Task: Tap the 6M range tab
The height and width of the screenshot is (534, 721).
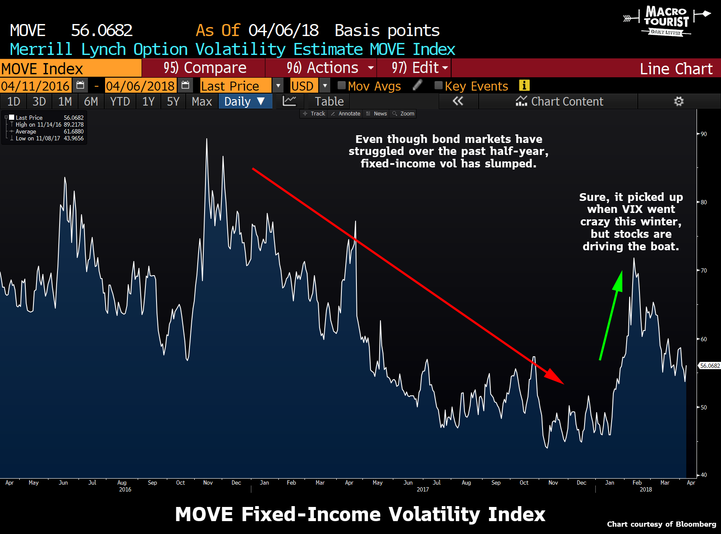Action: tap(91, 101)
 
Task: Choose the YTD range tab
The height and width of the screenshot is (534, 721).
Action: tap(120, 101)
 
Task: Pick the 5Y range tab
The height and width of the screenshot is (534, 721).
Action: tap(173, 101)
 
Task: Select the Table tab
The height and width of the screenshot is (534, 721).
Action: tap(329, 101)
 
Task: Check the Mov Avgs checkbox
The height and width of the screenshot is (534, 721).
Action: tap(341, 85)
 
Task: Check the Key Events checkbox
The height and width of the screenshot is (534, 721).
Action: tap(438, 85)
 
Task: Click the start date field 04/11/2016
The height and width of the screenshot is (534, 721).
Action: tap(35, 86)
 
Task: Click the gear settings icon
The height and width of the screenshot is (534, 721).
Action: tap(679, 101)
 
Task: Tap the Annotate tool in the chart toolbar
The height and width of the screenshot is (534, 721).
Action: tap(346, 114)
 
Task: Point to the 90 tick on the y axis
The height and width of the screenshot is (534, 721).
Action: tap(703, 134)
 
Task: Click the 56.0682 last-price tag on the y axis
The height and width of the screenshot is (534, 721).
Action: tap(710, 366)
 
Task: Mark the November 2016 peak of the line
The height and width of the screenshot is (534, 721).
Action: tap(207, 139)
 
